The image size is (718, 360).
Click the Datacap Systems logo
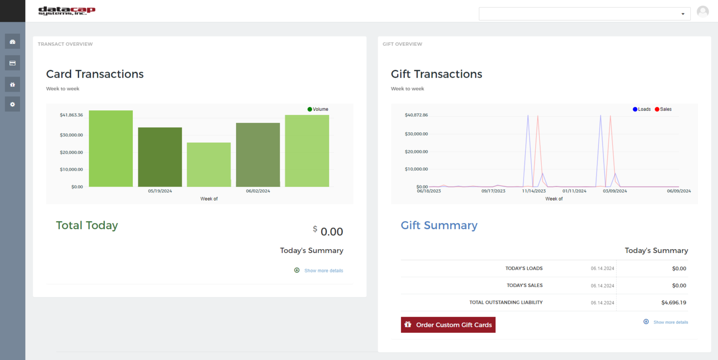66,11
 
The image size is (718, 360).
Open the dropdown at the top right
584,14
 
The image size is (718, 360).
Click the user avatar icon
703,12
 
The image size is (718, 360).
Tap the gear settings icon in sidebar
13,104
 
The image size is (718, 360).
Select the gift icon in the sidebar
13,85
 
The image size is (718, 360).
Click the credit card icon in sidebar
13,63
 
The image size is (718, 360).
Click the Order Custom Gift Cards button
448,325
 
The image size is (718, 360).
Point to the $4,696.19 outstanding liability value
674,302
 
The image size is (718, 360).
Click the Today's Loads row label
524,268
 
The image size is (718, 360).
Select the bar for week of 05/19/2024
160,157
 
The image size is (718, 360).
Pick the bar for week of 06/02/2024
258,155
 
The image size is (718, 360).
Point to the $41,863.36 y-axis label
71,115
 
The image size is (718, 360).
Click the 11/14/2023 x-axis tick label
534,191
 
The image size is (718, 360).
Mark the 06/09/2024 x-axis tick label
679,191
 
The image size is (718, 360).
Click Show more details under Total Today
323,271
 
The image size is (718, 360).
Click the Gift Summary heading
439,225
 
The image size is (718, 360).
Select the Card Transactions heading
95,74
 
